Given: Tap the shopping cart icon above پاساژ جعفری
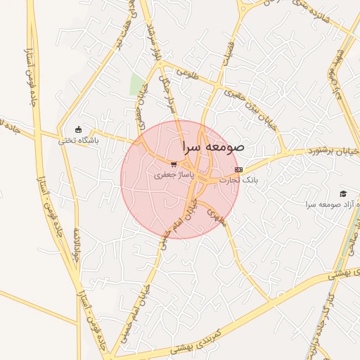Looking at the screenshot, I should (x=174, y=164).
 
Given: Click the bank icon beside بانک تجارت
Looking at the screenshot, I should (x=238, y=169).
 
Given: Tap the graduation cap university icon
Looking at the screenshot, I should (x=343, y=193).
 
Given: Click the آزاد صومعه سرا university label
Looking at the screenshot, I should (x=328, y=204).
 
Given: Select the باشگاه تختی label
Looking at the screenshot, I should (x=79, y=140).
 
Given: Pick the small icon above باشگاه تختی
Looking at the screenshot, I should (x=79, y=130).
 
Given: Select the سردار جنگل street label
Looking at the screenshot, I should (x=169, y=95).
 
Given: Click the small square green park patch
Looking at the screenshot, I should (x=136, y=84).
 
